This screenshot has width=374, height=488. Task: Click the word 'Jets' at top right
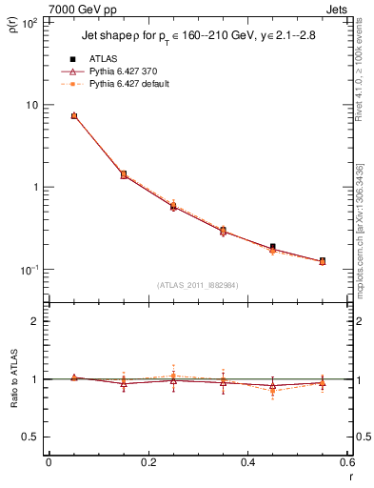[x=338, y=9]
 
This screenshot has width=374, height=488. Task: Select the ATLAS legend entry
[x=105, y=59]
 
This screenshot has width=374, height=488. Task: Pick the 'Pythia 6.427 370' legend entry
[x=124, y=71]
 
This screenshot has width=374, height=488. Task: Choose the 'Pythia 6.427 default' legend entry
[x=131, y=84]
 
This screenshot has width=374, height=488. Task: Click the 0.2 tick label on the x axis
[x=148, y=463]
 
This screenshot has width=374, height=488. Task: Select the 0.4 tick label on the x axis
[x=247, y=463]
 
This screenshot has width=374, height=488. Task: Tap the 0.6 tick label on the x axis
[x=346, y=463]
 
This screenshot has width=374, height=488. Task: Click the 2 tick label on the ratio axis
[x=36, y=321]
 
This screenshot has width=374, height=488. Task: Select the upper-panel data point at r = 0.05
[x=74, y=116]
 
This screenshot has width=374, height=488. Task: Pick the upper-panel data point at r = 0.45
[x=273, y=248]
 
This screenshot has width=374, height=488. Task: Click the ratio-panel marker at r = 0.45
[x=273, y=387]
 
